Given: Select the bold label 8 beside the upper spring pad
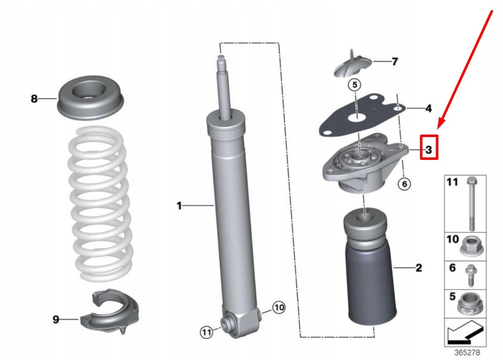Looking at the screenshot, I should pos(34,99).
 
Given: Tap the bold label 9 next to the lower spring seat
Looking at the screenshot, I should pos(56,320).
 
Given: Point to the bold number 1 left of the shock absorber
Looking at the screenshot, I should pos(179,205).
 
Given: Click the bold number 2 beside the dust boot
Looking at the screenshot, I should pos(419,268).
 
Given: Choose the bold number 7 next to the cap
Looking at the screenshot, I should pos(395,62).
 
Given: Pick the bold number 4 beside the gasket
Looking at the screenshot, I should pos(428,108).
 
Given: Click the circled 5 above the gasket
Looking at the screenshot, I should pos(355,85).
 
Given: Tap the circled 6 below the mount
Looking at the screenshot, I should pos(404,184).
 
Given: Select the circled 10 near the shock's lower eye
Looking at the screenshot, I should pos(279,308).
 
